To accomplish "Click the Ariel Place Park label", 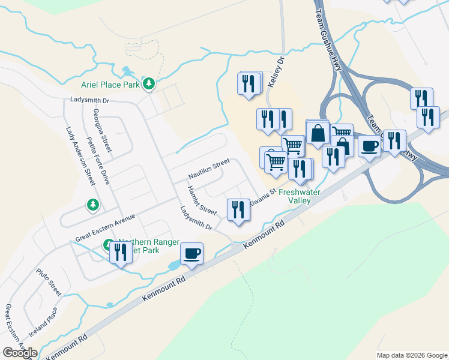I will point(110,85).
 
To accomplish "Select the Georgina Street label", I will point(103,130).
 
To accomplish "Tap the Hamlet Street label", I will point(201,200).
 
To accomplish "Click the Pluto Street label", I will point(47,281).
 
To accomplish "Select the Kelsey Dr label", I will point(275,73).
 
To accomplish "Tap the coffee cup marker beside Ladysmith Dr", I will point(191,253).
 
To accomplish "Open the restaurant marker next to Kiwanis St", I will point(238,210).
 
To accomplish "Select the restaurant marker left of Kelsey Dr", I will point(250,83).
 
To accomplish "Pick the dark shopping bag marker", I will point(318,133).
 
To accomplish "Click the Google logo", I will point(20,353).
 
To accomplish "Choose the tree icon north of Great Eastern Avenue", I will point(92,205).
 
